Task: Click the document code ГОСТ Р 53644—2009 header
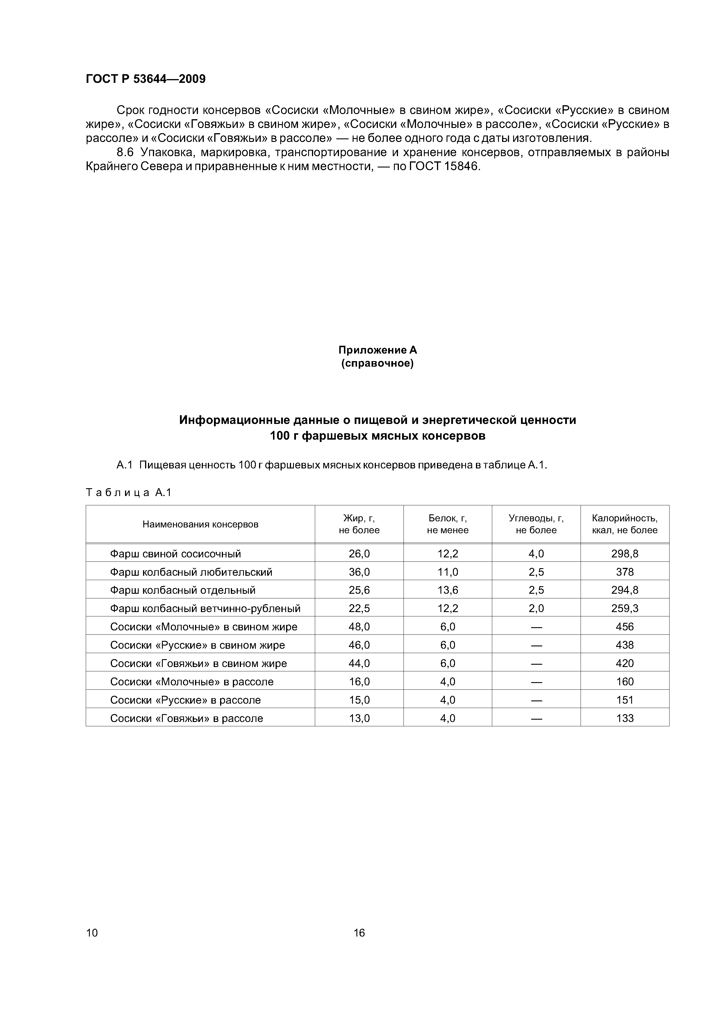pos(145,79)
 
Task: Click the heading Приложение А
pos(378,350)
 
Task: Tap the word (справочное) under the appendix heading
pos(378,364)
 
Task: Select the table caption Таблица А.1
pos(129,492)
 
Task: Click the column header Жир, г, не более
pos(359,524)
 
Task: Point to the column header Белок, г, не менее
pos(447,524)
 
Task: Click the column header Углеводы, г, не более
pos(536,524)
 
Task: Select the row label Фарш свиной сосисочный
pos(176,554)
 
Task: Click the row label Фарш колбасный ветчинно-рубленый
pos(205,608)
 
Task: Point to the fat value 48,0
pos(359,627)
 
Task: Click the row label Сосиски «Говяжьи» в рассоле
pos(187,718)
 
